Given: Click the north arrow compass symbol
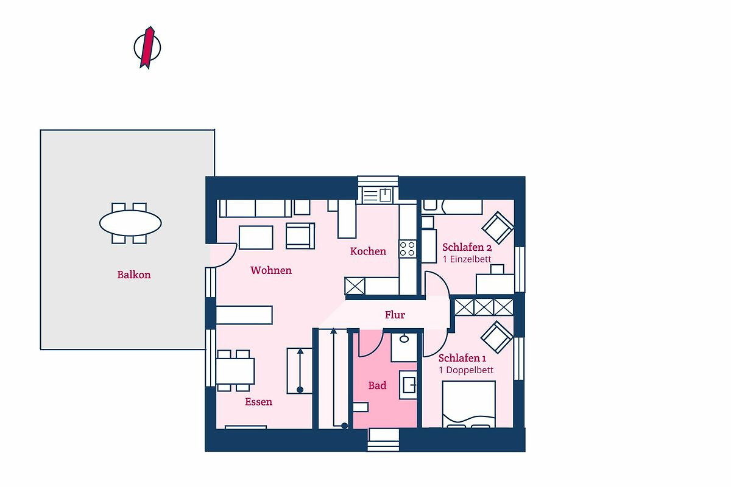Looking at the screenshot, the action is point(147,47).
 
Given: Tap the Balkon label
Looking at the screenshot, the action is point(134,275).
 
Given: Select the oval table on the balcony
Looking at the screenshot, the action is point(130,223).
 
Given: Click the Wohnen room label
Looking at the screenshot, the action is point(271,270).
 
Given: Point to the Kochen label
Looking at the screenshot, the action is point(368,251).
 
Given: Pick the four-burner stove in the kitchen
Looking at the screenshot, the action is point(408,248).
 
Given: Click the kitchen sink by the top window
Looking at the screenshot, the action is point(378,195).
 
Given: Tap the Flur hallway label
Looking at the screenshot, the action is point(395,315).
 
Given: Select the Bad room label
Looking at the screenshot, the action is point(377,385).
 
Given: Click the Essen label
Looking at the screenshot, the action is point(258,402).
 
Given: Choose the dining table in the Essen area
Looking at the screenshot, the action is point(235,371).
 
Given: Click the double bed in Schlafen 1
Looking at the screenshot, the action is point(469,404).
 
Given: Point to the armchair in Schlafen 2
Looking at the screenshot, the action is point(498,228).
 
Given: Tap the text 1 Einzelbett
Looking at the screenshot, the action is point(467,259).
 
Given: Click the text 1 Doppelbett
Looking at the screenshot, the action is point(466,370).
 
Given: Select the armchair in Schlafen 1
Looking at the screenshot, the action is point(496,337).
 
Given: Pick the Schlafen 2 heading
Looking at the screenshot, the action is point(467,247).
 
